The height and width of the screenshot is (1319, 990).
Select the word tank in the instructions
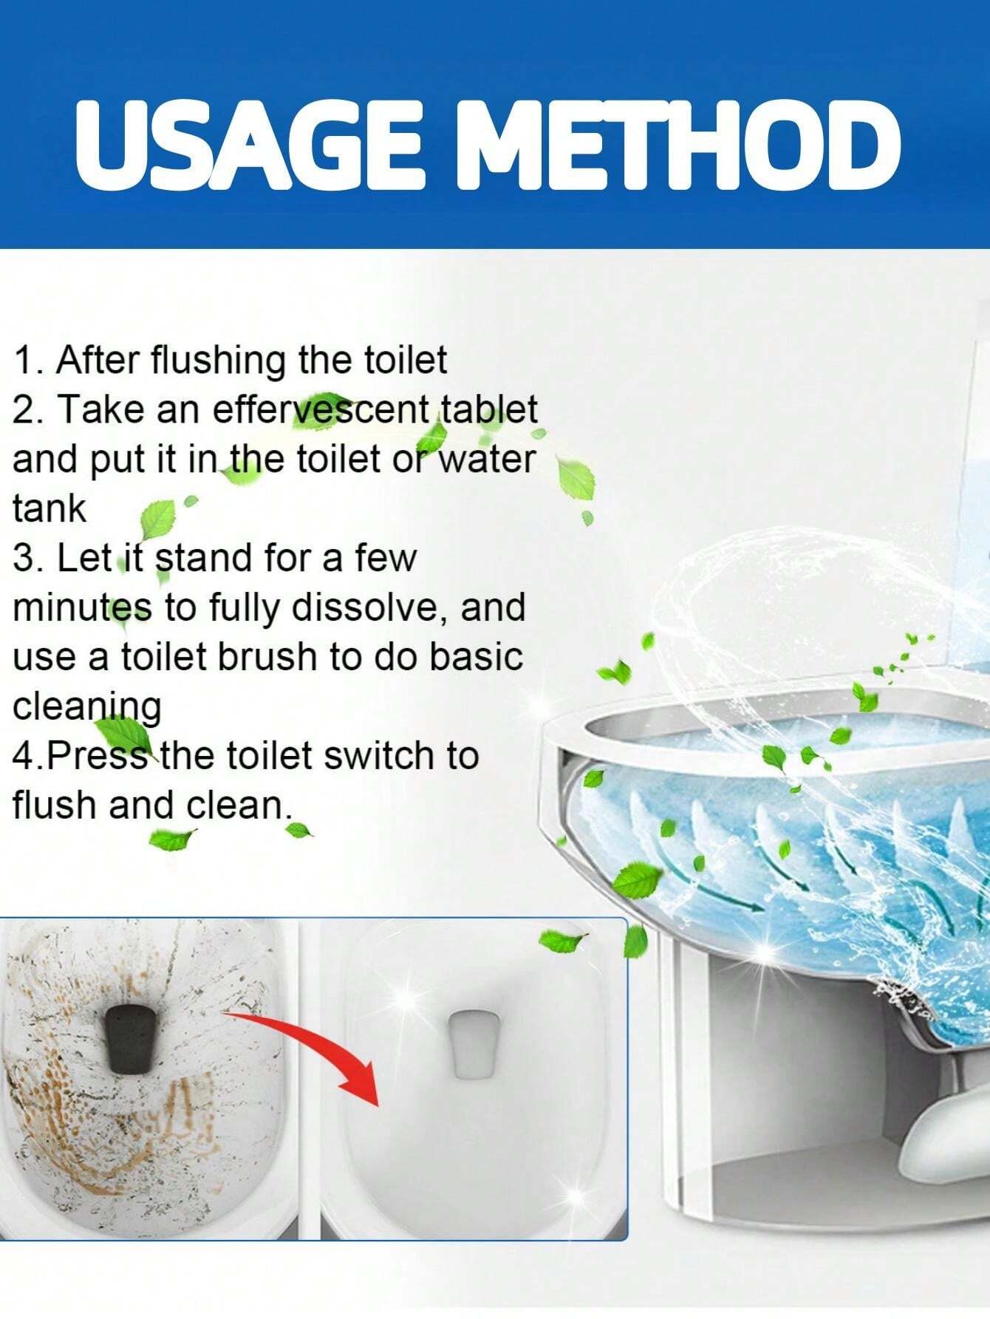49,508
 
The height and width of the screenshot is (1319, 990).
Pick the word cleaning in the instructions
86,706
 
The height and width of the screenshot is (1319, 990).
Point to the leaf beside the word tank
157,520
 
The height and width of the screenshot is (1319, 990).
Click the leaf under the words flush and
171,839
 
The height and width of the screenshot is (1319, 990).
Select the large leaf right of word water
577,480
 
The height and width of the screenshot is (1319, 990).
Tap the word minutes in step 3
82,607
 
